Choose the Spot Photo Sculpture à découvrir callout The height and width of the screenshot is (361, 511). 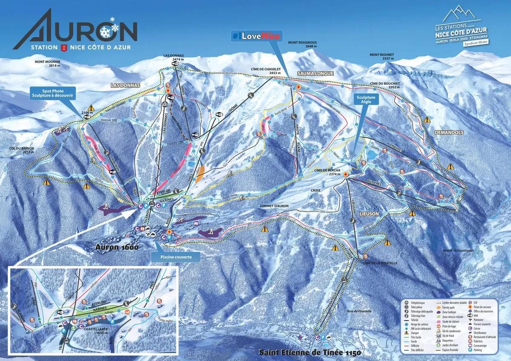tap(52, 93)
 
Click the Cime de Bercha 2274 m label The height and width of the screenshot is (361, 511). tap(328, 172)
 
